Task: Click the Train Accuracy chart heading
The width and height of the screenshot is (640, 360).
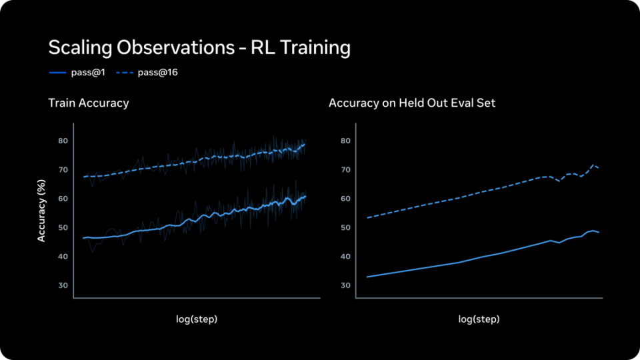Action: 89,103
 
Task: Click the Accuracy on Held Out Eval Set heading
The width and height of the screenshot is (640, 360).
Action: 412,103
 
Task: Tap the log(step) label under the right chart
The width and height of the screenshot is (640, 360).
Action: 479,319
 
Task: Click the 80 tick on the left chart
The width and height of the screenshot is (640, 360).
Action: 63,141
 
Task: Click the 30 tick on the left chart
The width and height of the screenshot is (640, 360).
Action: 63,285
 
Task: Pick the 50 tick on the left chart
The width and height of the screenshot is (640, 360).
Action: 63,227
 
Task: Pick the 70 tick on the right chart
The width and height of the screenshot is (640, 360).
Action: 346,170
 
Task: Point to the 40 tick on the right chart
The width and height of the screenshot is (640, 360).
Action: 346,257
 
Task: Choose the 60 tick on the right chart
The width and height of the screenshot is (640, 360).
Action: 346,199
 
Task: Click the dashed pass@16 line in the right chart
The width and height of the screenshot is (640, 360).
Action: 460,198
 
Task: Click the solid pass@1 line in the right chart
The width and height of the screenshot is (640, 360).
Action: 460,262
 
